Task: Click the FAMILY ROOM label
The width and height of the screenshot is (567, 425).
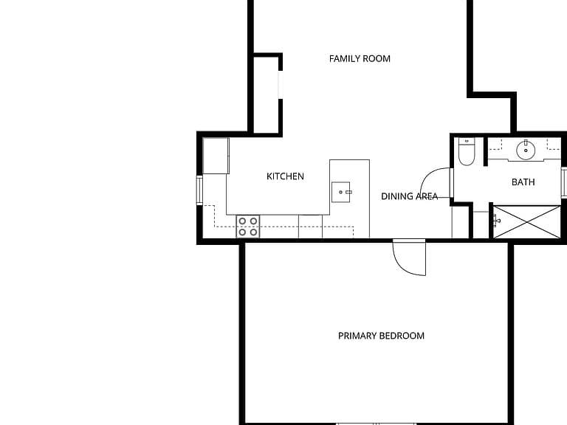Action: [x=360, y=58]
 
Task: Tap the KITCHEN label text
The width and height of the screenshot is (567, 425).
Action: [x=285, y=176]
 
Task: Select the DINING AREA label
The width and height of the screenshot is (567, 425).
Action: [x=409, y=196]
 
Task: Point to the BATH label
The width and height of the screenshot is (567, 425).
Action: [x=523, y=182]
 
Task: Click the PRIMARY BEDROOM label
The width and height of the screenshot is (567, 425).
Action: [x=381, y=336]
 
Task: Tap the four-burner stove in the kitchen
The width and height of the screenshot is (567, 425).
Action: [x=248, y=227]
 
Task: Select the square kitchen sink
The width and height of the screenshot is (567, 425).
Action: [x=340, y=192]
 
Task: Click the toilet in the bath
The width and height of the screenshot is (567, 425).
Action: [x=467, y=152]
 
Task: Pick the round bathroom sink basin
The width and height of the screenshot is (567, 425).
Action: [x=526, y=150]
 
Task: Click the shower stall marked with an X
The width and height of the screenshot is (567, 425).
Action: [x=527, y=222]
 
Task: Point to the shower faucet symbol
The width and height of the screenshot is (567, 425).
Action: [x=496, y=220]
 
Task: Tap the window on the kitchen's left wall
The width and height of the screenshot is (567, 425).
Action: [x=199, y=190]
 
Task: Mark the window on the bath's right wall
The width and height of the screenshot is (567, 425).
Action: [x=564, y=182]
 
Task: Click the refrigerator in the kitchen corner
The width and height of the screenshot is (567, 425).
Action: [x=216, y=156]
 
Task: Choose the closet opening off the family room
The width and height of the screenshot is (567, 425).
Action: [x=281, y=84]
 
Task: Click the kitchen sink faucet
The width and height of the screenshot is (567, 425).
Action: [x=348, y=193]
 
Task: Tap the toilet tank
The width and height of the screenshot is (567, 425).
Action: [x=467, y=142]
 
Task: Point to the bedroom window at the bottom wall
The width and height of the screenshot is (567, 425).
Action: [x=376, y=424]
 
